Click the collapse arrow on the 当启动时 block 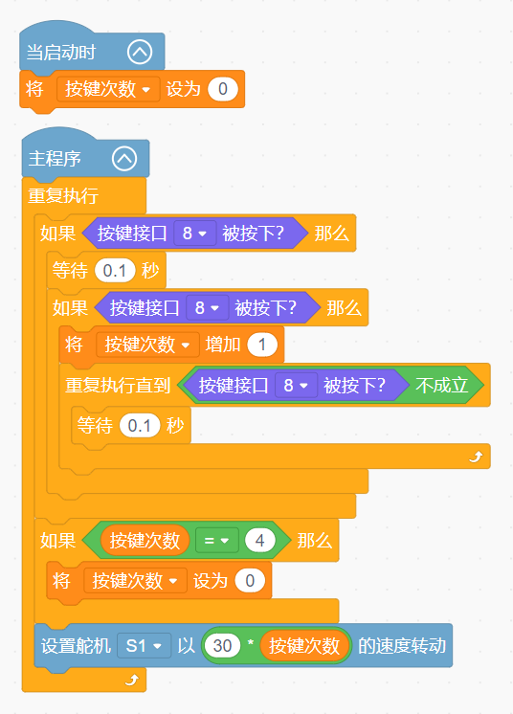(140, 52)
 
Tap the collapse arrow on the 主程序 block (124, 159)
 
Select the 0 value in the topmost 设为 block (223, 89)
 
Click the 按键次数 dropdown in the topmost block (108, 89)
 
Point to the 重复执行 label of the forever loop (63, 196)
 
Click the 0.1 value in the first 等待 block (115, 271)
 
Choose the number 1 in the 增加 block (262, 345)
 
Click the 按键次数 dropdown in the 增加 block (147, 345)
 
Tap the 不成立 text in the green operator (441, 385)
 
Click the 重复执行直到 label (118, 386)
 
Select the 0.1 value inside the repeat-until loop (140, 426)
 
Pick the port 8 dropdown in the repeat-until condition (296, 386)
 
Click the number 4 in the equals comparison (260, 541)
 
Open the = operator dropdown (216, 541)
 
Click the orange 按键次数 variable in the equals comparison (145, 541)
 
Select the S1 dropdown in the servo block (144, 646)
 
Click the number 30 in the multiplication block (222, 646)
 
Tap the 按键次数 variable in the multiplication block (304, 646)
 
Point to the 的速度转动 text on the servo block (402, 646)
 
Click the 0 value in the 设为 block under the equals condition (250, 581)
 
